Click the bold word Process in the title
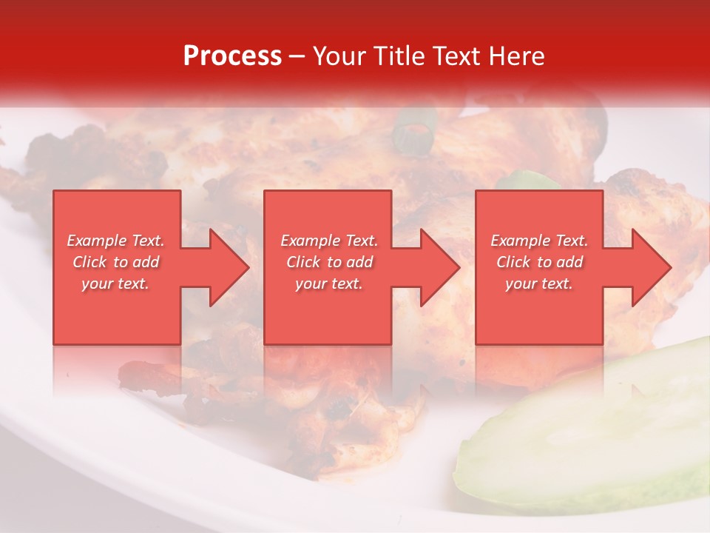pos(232,56)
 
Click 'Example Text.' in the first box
pos(115,241)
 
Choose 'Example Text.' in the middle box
pos(328,241)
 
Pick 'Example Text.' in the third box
pos(539,241)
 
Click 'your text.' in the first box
pos(115,284)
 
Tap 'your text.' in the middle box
pos(328,284)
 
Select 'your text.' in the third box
pos(539,284)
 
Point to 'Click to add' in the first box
pos(115,262)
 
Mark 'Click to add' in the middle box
pos(328,262)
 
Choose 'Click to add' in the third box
pos(539,262)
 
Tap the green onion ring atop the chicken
pos(414,130)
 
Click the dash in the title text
pos(297,57)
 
